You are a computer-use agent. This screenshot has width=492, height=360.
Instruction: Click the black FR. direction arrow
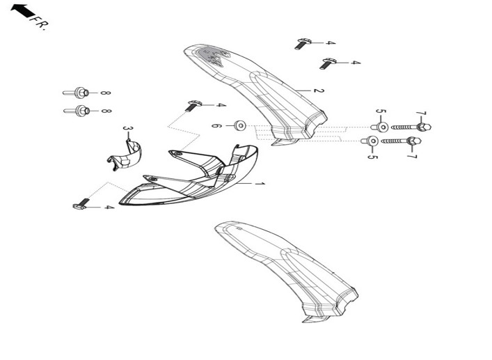point(22,11)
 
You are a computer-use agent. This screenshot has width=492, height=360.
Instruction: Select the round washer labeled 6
point(240,125)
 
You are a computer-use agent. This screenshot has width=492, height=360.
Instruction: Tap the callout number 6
point(217,126)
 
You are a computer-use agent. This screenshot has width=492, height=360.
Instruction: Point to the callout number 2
point(319,91)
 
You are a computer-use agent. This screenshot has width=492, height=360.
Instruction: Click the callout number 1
point(260,184)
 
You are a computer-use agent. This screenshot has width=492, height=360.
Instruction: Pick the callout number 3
point(128,129)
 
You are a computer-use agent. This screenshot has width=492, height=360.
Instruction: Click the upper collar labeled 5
point(380,127)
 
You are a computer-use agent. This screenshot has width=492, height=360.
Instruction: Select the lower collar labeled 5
point(370,141)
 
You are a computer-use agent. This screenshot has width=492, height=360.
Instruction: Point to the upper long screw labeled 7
point(411,127)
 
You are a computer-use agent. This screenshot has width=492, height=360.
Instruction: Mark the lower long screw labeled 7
point(402,141)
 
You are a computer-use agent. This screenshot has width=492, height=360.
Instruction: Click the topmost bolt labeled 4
point(303,44)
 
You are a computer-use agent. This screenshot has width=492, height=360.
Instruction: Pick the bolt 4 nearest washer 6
point(193,106)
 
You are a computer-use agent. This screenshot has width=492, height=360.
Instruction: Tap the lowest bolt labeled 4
point(81,204)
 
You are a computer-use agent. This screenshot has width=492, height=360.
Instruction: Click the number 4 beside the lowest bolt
point(109,208)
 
